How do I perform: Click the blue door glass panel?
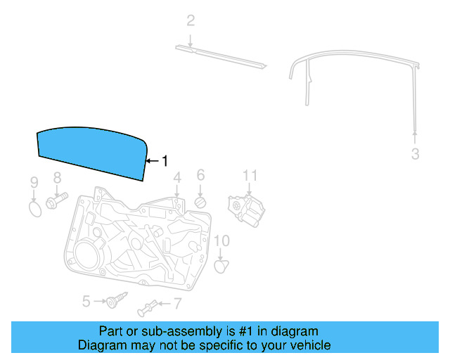(90, 151)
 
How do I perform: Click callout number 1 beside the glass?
(165, 161)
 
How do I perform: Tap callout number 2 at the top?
(190, 21)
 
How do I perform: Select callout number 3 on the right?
(415, 153)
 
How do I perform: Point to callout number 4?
(177, 177)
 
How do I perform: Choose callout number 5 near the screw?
(86, 301)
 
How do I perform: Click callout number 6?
(200, 175)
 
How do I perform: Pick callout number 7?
(177, 304)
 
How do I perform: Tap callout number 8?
(57, 179)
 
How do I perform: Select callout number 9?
(33, 184)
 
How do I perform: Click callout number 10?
(221, 241)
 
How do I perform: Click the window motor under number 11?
(247, 210)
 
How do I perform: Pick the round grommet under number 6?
(200, 202)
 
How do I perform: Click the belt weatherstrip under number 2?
(221, 56)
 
